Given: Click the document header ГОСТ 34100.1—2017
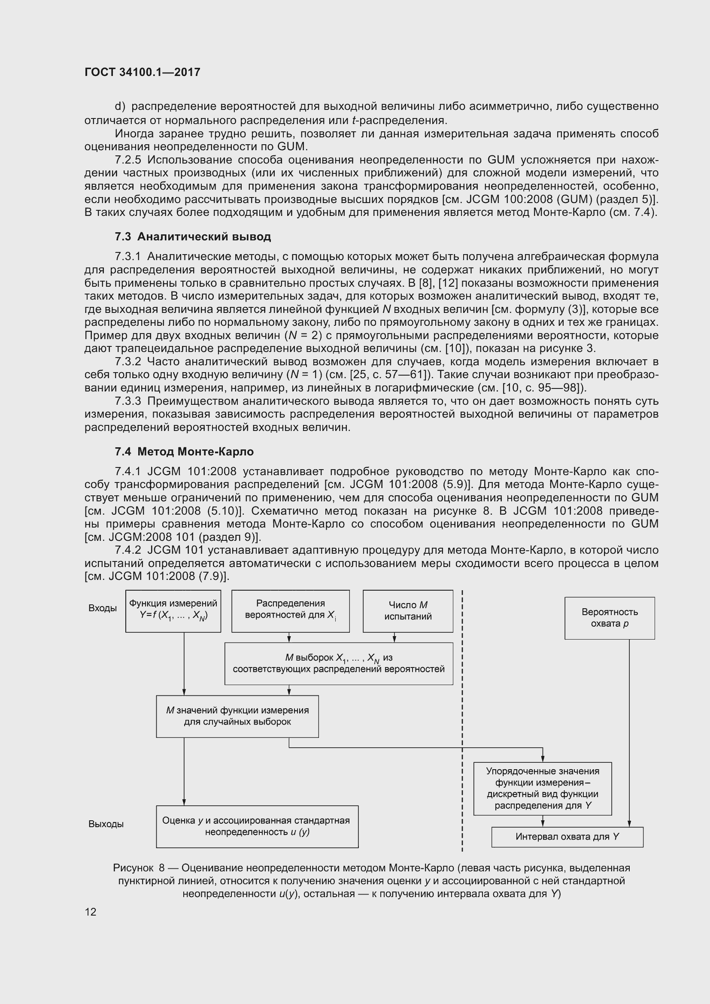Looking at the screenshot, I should click(142, 72).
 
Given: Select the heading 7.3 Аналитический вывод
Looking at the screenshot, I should click(193, 237).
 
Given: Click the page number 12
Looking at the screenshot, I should click(91, 912).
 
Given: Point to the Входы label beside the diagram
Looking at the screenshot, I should click(102, 608).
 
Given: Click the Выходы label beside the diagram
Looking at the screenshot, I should click(106, 824).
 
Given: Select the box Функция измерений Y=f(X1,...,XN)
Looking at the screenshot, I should click(173, 611).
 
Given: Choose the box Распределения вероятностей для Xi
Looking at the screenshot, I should click(290, 611).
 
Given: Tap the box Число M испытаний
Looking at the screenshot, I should click(407, 611).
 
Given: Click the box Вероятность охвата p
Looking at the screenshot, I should click(610, 618).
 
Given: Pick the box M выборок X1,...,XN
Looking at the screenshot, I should click(338, 663).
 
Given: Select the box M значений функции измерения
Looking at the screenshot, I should click(237, 716).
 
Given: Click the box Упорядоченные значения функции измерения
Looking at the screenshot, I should click(543, 789).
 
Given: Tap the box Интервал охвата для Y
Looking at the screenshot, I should click(567, 837).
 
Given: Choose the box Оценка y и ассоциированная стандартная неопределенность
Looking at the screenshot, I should click(257, 826).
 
